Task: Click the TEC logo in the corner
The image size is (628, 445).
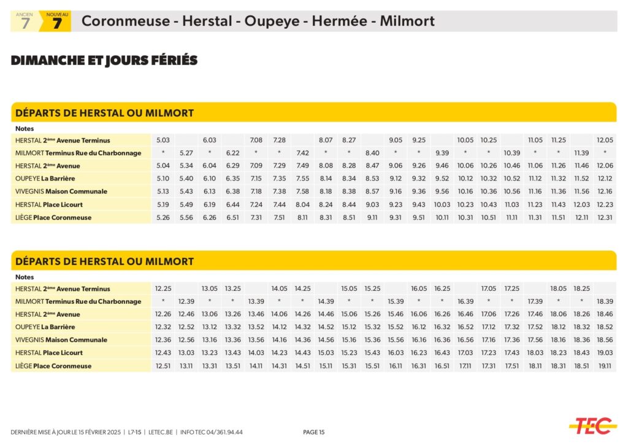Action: coord(592,425)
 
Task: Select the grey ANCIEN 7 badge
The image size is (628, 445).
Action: coord(25,21)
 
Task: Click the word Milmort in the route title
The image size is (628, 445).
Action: coord(407,21)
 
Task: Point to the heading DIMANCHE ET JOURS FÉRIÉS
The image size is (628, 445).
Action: coord(104,60)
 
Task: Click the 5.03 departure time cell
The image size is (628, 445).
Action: coord(163,140)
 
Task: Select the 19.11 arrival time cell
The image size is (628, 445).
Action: coord(605,366)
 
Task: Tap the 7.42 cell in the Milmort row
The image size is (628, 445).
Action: coord(302,153)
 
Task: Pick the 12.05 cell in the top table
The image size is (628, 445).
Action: coord(605,140)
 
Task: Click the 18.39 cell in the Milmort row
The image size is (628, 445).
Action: coord(605,301)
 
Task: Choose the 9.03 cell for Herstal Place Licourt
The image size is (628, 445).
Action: coord(372,204)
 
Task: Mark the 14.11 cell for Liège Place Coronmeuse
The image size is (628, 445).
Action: coord(256,366)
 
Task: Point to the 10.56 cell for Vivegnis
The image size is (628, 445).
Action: coord(511,192)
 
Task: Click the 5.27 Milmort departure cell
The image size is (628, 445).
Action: coord(186,153)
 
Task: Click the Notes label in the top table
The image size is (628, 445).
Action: coord(25,128)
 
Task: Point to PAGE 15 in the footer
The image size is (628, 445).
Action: coord(314,432)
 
